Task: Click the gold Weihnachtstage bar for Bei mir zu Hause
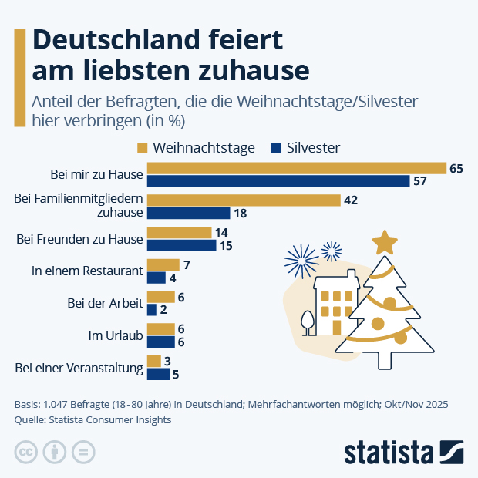[297, 168]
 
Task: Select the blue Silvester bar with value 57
[278, 181]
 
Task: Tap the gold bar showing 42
[244, 200]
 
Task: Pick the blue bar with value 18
[188, 214]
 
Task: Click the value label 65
[456, 168]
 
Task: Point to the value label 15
[226, 246]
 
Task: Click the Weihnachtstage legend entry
[196, 147]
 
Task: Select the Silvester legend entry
[305, 147]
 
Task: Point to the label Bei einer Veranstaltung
[79, 368]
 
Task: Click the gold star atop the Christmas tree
[384, 243]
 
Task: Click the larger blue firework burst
[300, 259]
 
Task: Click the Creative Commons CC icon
[27, 452]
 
